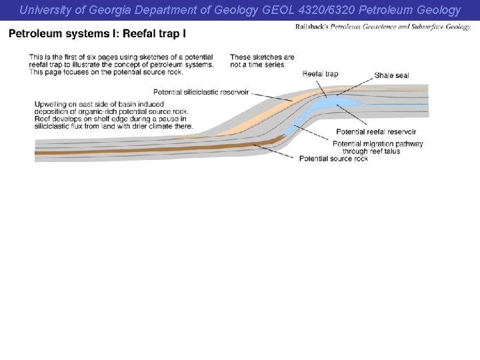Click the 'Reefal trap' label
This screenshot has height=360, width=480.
coord(320,73)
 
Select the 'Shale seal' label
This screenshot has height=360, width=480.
coord(391,75)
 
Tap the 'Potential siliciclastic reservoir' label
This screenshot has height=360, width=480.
coord(201,91)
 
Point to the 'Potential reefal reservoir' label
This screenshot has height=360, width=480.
coord(376,131)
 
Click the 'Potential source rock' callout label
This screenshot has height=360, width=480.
coord(333,159)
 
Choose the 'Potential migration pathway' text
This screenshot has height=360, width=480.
coord(377,144)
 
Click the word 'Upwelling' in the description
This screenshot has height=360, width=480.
coord(50,104)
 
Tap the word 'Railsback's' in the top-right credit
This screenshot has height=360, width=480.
coord(313,27)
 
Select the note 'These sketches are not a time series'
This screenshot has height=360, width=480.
coord(262,61)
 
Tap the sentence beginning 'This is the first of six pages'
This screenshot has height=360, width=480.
coord(121,57)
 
